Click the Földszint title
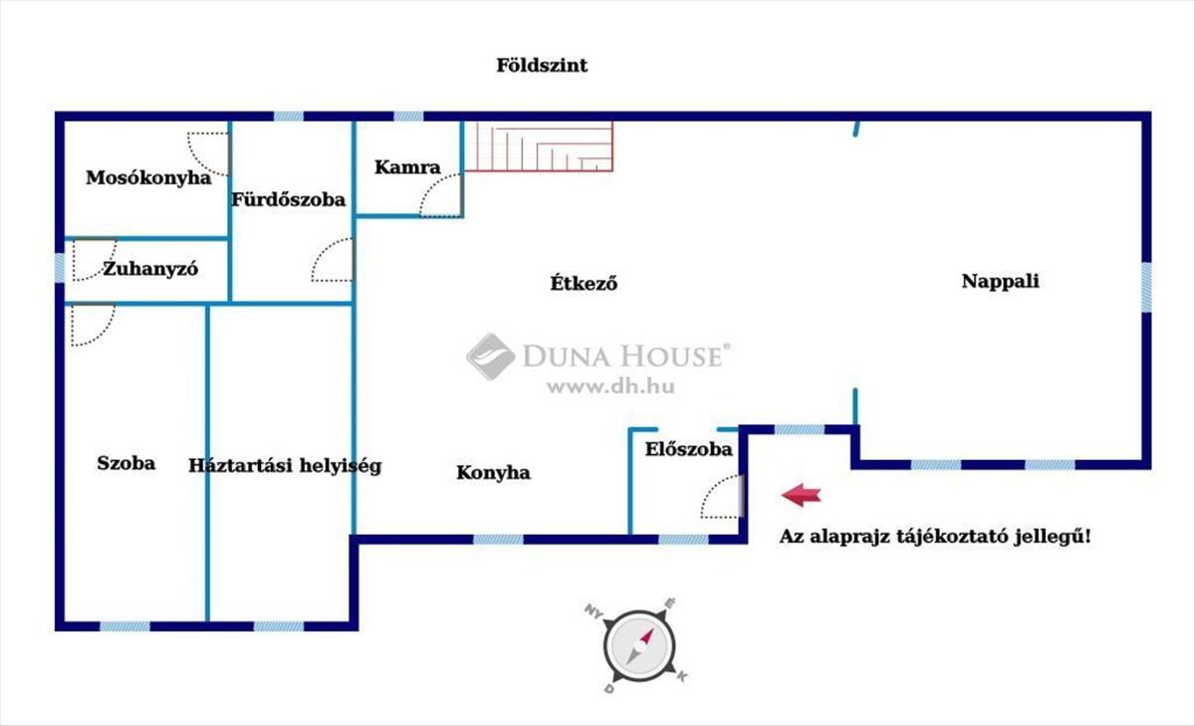coord(542,66)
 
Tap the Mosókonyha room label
coord(148,178)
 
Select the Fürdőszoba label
coord(289,199)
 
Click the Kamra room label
coord(407,167)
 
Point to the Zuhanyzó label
coord(151,269)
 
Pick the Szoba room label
coord(126,462)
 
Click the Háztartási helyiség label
coord(285,465)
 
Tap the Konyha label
coord(493,472)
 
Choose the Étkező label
coord(585,282)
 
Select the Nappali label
coord(1000,281)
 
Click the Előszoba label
coord(688,449)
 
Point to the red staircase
coord(539,146)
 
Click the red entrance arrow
coord(801,494)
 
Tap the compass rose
coord(636,644)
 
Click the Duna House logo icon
coord(490,356)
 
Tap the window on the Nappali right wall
coord(1146,286)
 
